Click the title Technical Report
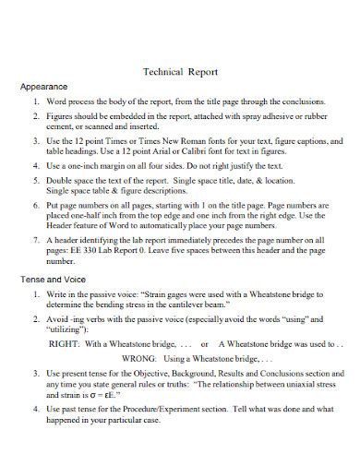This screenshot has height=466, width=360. tap(181, 67)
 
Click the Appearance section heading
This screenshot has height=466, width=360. tap(45, 86)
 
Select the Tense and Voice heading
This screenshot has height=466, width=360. tap(54, 278)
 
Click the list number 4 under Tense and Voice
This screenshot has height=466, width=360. tap(35, 407)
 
